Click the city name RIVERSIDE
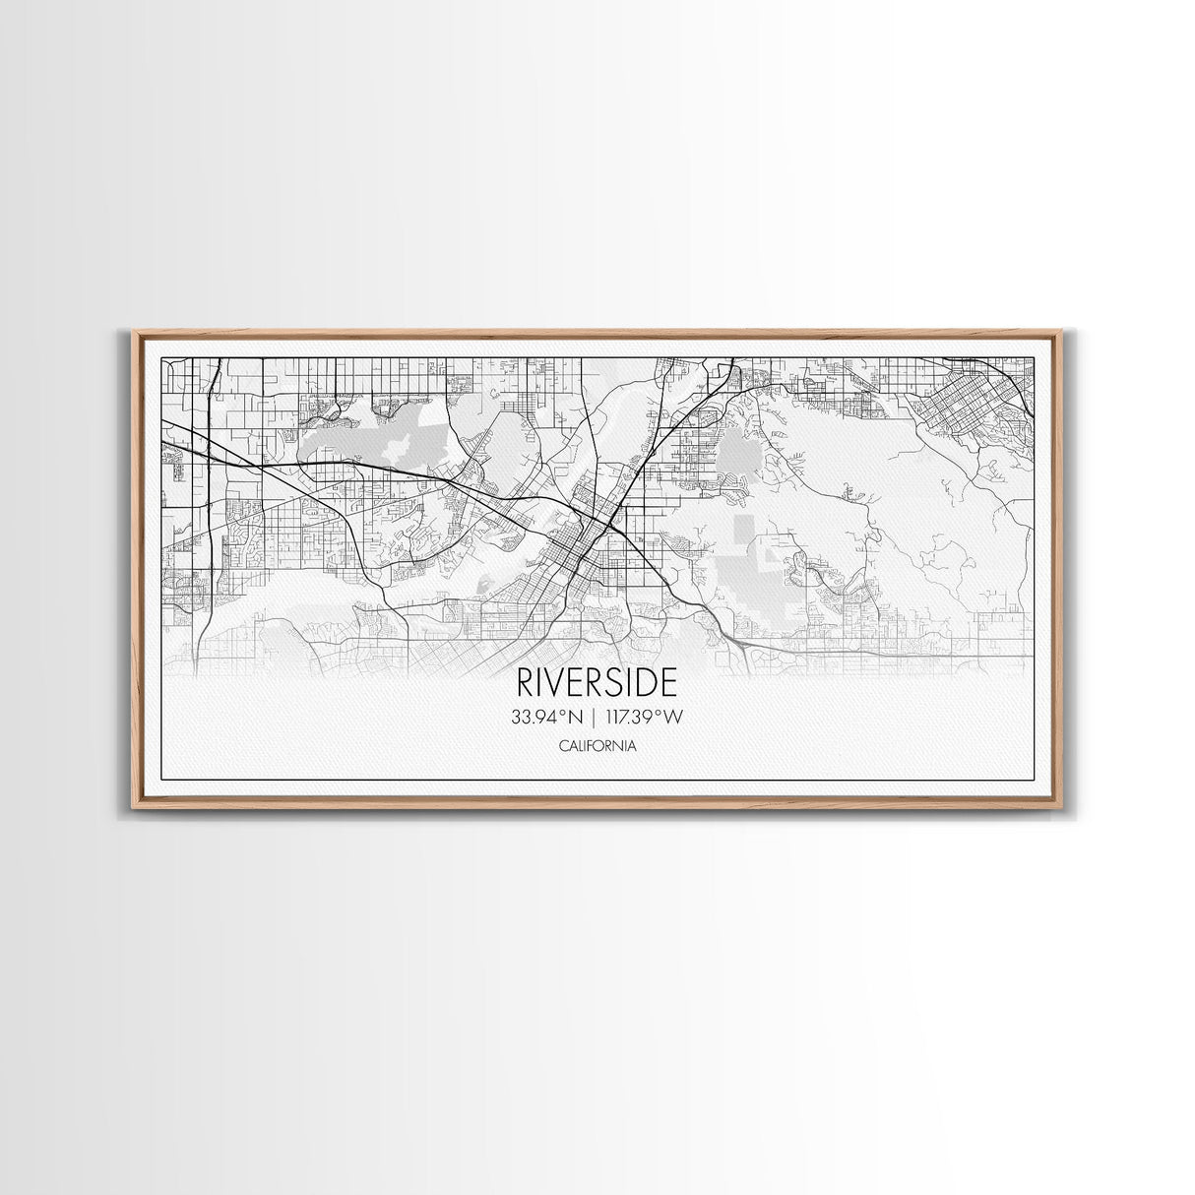click(597, 684)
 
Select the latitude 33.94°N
click(546, 718)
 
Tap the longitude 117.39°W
click(646, 718)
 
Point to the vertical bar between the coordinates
click(597, 718)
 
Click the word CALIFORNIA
click(597, 746)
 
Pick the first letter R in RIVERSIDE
click(525, 684)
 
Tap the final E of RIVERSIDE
click(668, 684)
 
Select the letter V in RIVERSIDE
click(556, 684)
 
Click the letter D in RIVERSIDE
click(649, 684)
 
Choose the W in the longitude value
click(672, 718)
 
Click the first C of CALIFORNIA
click(562, 746)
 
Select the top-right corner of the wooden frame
click(1062, 332)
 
